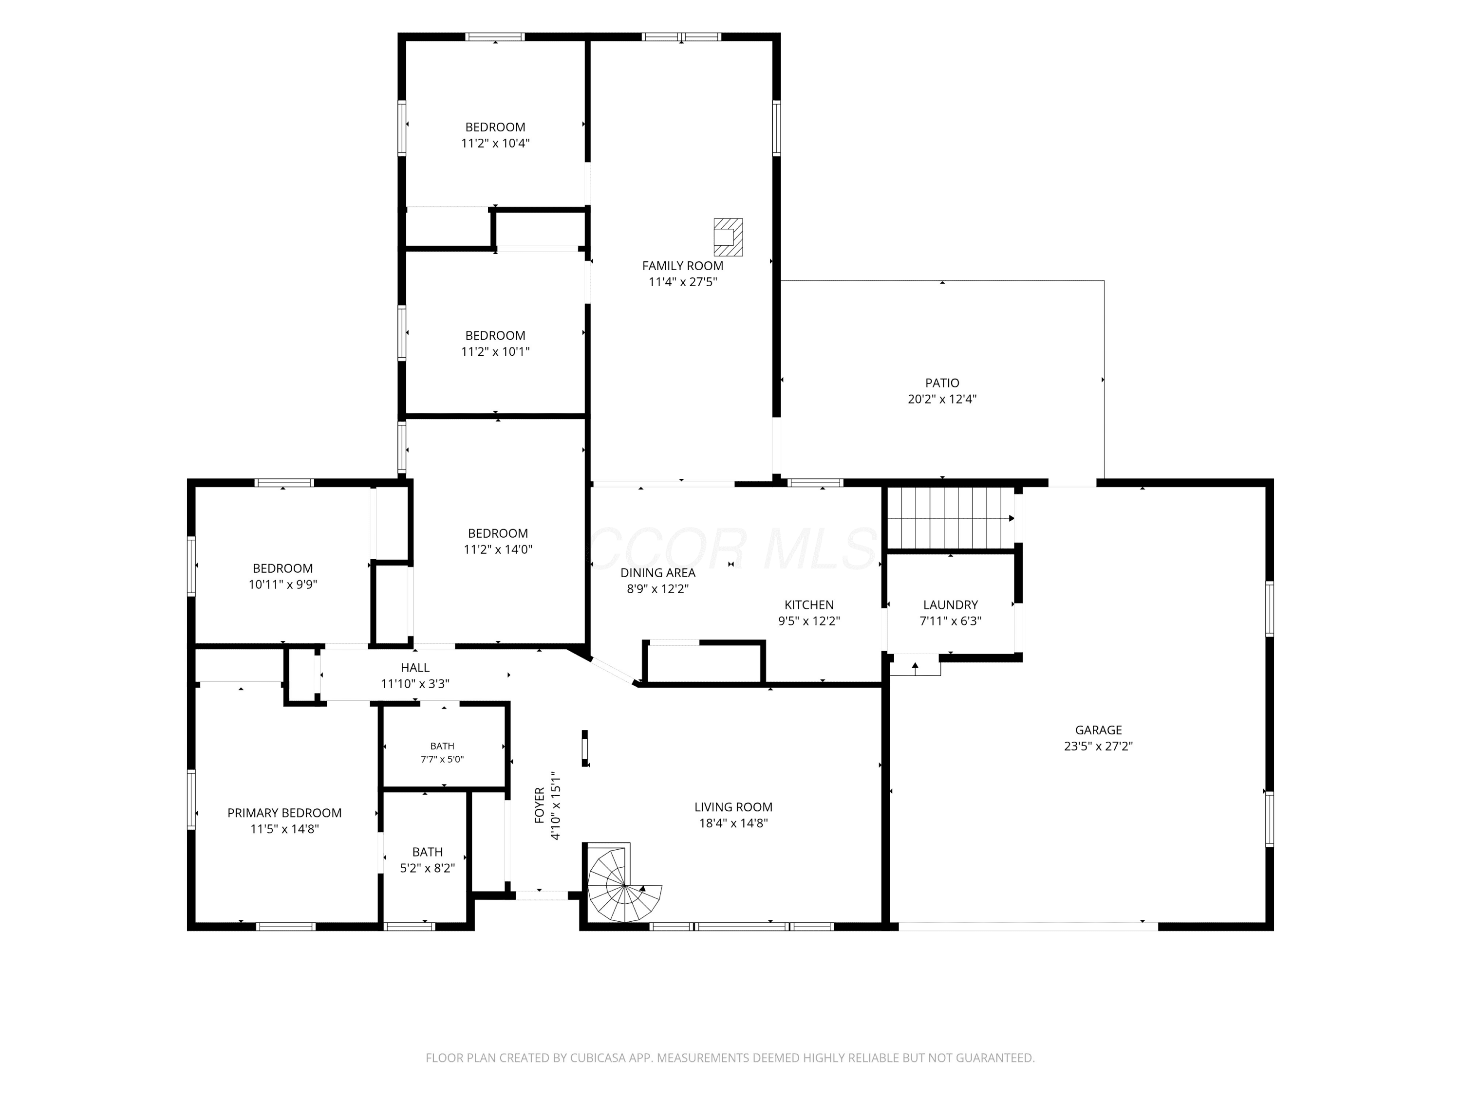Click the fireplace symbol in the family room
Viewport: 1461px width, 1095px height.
click(728, 237)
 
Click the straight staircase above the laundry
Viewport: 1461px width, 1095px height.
click(951, 518)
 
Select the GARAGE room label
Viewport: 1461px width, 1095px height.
click(1098, 730)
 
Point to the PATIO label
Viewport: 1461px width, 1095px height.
click(942, 383)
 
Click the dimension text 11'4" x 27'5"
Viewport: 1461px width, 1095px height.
click(682, 282)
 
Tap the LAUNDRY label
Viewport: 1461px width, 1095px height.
click(951, 604)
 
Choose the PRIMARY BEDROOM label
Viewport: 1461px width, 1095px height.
click(285, 813)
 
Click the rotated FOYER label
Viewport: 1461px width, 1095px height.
click(540, 805)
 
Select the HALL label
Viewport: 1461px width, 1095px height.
click(415, 668)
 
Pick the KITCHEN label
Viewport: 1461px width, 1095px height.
click(809, 604)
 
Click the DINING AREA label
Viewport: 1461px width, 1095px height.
click(658, 573)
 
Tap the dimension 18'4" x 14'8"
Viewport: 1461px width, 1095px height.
click(733, 823)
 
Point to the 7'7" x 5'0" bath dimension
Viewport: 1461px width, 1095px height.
click(443, 759)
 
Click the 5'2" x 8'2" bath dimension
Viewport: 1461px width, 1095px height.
click(427, 868)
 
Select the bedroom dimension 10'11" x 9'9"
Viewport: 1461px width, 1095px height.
click(282, 584)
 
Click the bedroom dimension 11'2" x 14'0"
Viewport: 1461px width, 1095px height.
click(498, 549)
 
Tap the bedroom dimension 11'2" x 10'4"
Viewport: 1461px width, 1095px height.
click(495, 143)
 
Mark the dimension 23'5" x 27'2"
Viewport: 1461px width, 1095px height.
click(1098, 747)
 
